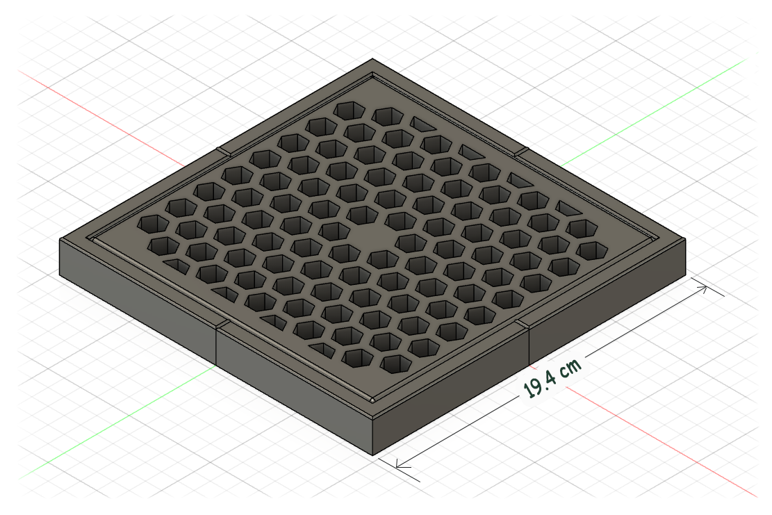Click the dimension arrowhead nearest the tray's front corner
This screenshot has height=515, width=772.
tap(398, 464)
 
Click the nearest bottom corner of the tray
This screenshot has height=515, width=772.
tap(375, 456)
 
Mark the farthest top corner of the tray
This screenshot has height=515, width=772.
tap(373, 59)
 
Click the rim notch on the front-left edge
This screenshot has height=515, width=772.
tap(220, 325)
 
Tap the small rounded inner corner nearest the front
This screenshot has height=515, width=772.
tap(373, 401)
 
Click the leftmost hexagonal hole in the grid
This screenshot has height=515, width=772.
tap(151, 224)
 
